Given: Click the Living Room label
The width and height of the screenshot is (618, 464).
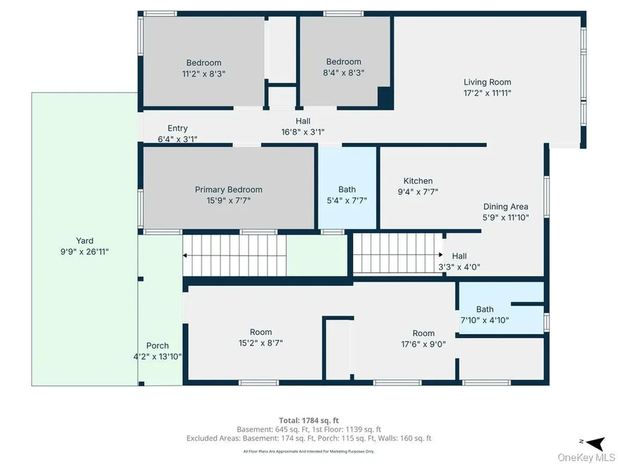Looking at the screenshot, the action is coord(487,82).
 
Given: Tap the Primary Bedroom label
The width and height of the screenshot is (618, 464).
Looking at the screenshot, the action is coord(229,189).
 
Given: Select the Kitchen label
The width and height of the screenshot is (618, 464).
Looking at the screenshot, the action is coord(418,181).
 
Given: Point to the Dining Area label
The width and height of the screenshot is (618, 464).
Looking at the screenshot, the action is coord(506,207).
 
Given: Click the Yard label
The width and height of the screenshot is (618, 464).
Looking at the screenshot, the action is coord(84,240).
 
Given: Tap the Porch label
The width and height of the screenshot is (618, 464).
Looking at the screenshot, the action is coord(158,346).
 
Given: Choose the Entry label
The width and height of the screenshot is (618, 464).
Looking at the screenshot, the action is coord(177,128).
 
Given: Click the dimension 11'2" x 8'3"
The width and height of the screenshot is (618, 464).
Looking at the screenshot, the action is coord(204,73).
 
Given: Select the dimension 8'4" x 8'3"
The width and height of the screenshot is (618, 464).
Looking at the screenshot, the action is coord(343,72).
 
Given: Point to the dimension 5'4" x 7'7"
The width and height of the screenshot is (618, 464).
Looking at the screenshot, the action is coord(347,201).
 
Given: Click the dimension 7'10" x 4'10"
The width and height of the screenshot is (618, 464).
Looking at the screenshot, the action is coord(485,320).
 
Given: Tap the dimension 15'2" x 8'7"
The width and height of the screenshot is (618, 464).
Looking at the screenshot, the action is coord(261,343).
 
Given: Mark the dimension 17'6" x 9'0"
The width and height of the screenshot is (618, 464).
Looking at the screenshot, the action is coord(423,344).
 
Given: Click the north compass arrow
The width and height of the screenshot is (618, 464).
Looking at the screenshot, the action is coord(596,443).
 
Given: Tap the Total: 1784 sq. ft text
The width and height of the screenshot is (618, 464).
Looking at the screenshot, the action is coord(308,420).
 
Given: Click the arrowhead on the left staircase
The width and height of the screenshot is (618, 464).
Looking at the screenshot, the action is coord(185,256).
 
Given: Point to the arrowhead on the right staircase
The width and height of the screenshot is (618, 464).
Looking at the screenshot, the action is coord(440,255).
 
